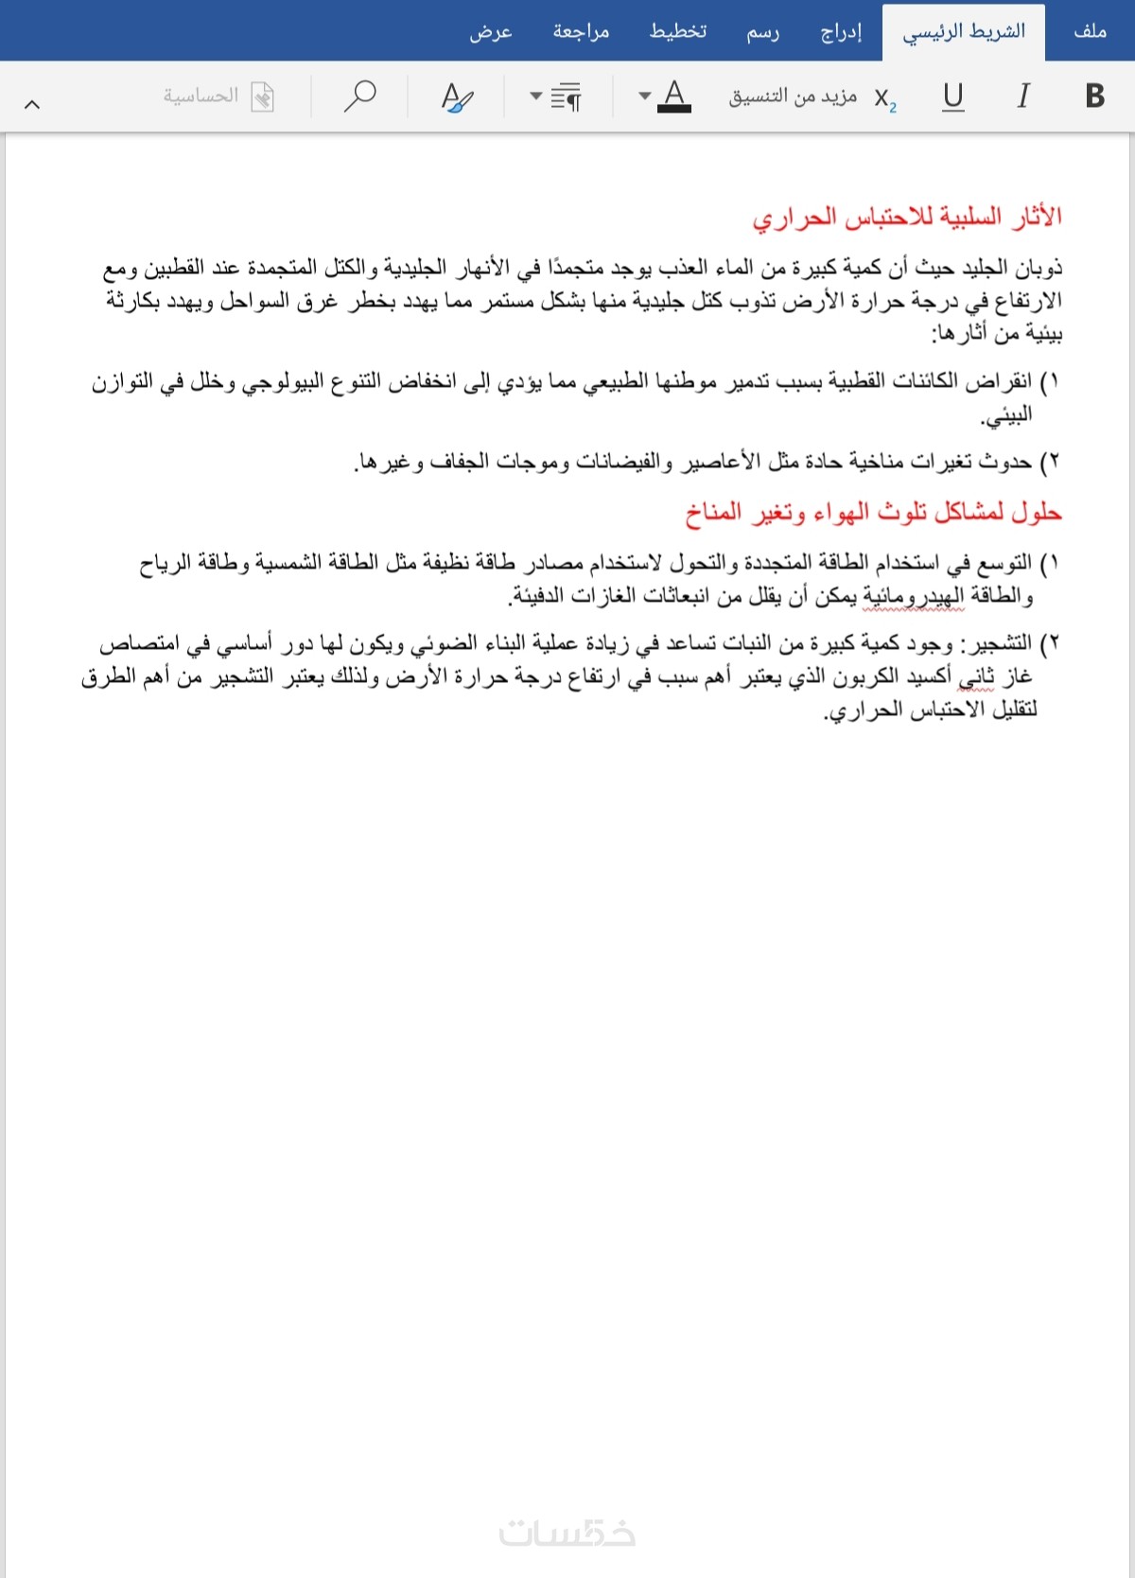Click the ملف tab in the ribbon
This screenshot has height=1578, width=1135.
(1090, 31)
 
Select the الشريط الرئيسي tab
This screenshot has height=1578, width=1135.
(964, 32)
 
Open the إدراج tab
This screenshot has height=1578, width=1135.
(841, 32)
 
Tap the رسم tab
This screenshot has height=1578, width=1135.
(762, 32)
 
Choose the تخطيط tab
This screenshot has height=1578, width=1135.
(677, 32)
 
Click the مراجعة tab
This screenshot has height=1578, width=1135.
(581, 32)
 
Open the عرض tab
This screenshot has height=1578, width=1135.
(491, 32)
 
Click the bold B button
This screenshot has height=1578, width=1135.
(1094, 96)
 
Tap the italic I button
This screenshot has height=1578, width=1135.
(1022, 96)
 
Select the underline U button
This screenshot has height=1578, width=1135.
(953, 96)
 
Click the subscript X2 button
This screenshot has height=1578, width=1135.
(884, 97)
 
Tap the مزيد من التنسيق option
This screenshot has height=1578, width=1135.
(793, 96)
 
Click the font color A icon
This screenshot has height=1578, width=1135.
(673, 96)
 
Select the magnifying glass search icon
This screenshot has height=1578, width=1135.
(359, 96)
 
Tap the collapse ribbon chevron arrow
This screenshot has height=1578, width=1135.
(32, 104)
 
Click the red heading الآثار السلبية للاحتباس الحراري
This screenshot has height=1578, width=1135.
(907, 218)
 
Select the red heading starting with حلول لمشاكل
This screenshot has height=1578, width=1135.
(873, 513)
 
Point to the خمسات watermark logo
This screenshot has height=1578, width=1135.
(567, 1533)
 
